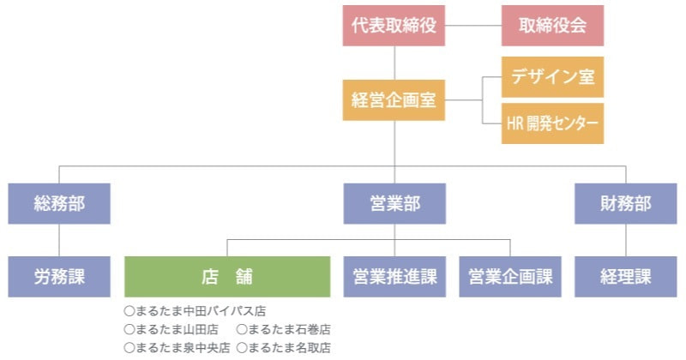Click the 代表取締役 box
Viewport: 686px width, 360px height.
[x=394, y=26]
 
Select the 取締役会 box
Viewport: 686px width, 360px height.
[x=552, y=26]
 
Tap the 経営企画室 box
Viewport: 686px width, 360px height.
[x=394, y=99]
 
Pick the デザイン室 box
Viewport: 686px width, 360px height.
[x=552, y=76]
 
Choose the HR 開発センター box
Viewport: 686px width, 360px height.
[x=552, y=123]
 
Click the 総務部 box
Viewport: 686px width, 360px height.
[x=59, y=204]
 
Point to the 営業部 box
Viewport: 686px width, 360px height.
[x=394, y=204]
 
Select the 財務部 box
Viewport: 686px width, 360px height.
[x=625, y=204]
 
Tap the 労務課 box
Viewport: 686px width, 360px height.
[x=59, y=277]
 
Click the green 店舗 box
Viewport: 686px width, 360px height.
[x=227, y=277]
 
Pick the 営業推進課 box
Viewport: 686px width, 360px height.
[x=394, y=277]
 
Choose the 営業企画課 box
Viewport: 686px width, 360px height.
[x=510, y=277]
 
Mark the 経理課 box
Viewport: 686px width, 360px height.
[x=625, y=277]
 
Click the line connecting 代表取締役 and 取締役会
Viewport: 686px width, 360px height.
[x=473, y=26]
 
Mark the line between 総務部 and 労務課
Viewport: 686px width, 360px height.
[x=59, y=240]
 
